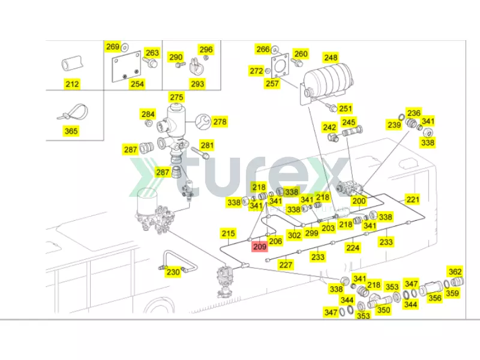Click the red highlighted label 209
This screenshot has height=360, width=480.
259,246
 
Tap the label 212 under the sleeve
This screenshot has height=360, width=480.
72,84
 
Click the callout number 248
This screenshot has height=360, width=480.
331,58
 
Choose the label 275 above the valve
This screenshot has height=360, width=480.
176,97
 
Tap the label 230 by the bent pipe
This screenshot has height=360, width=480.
173,272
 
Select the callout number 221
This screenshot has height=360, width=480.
413,199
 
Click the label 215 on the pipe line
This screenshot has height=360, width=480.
228,233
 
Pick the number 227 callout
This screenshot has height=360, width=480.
286,265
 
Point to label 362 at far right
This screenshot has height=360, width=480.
455,271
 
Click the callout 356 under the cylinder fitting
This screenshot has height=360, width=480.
435,298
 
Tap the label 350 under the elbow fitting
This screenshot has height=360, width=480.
383,310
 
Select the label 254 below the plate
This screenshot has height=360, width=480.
137,84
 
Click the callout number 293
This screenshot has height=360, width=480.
197,84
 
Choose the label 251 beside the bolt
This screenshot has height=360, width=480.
345,109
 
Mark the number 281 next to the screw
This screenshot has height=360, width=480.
207,145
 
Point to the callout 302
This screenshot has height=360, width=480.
294,236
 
